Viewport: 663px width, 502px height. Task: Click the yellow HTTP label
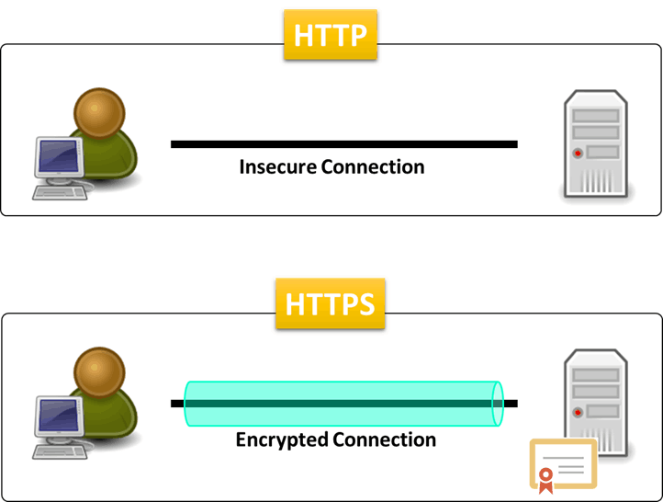click(331, 35)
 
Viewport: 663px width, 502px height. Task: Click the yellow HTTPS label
click(331, 304)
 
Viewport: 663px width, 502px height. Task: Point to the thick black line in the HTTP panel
click(343, 143)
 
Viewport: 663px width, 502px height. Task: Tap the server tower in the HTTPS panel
click(594, 395)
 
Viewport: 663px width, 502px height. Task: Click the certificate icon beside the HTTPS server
click(563, 464)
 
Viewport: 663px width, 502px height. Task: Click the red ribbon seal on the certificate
click(545, 478)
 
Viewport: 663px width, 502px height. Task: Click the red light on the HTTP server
click(577, 153)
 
